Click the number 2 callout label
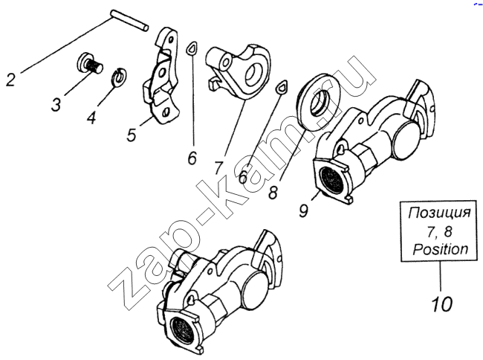[x=11, y=78]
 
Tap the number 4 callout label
[x=92, y=117]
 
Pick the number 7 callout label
[x=218, y=167]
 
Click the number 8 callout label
[x=273, y=193]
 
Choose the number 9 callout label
[x=304, y=210]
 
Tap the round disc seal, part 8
[x=317, y=99]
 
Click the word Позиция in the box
[x=440, y=213]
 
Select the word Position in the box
[x=440, y=249]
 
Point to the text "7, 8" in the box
[x=440, y=231]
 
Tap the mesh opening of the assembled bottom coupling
[x=181, y=330]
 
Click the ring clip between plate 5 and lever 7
[x=192, y=48]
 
